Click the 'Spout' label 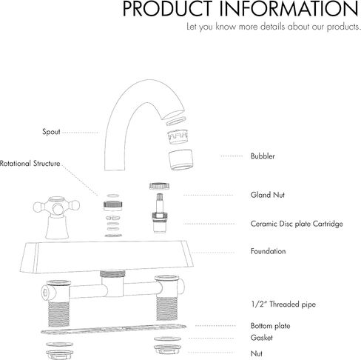click(x=51, y=132)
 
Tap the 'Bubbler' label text click(x=263, y=156)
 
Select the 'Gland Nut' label click(x=268, y=195)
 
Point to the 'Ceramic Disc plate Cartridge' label click(x=297, y=224)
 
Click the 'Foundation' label click(x=268, y=251)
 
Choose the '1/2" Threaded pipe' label click(x=283, y=304)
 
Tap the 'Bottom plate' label click(x=270, y=326)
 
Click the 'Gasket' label click(x=262, y=338)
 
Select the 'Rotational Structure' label click(x=30, y=164)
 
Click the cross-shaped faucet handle click(x=57, y=217)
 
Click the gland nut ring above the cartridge click(x=159, y=186)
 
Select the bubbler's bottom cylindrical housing click(x=180, y=160)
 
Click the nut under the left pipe click(x=60, y=355)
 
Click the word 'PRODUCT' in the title click(x=168, y=9)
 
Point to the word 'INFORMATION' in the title click(x=289, y=9)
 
